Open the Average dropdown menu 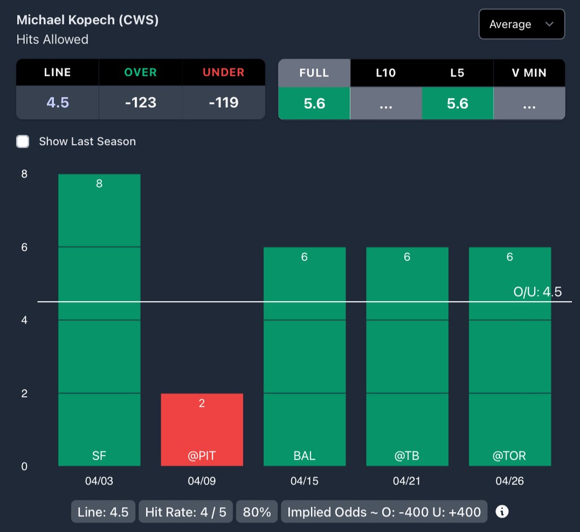[521, 24]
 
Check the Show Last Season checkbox [23, 141]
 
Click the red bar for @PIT [202, 429]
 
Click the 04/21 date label [407, 481]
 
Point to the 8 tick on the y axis [24, 174]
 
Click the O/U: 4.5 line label [537, 292]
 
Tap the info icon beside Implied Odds [502, 512]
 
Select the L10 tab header [386, 73]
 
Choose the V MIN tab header [529, 73]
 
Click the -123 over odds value [140, 103]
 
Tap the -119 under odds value [223, 103]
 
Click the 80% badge [257, 512]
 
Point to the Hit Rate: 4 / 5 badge [185, 512]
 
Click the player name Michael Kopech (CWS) [87, 20]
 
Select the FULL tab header [314, 73]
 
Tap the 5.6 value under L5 [457, 103]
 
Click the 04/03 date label [99, 481]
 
